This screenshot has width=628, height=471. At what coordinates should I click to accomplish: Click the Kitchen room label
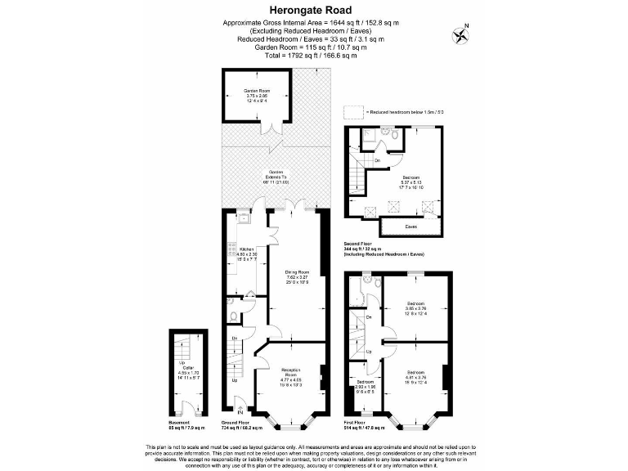[246, 253]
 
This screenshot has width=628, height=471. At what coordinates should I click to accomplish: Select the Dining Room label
[296, 276]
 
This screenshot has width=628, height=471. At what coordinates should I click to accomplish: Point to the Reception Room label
[292, 375]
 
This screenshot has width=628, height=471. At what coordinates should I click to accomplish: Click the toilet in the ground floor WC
[234, 313]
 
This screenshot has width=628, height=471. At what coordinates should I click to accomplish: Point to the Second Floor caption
[361, 244]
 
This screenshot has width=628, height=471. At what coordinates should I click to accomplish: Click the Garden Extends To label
[275, 177]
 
